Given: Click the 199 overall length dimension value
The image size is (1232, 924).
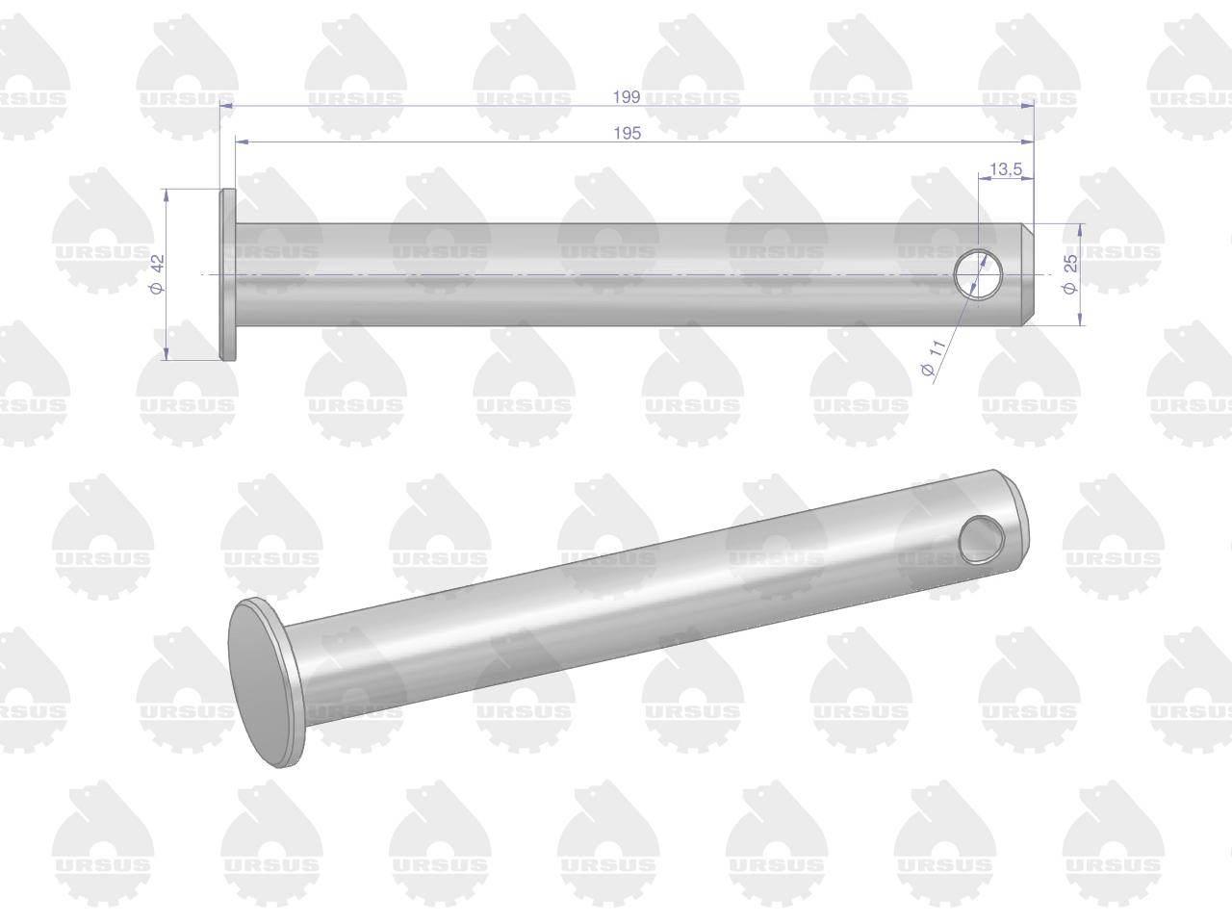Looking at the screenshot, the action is coord(627,97).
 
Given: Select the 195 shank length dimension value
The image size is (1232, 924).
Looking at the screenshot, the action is coord(627,134).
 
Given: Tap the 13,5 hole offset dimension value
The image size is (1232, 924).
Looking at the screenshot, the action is coord(1006,168).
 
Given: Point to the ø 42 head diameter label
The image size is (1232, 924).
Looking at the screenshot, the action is coord(158,273).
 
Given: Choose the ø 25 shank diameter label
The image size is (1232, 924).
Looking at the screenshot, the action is coord(1069,273).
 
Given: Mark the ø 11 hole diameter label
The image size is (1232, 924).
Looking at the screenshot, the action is coord(934,359).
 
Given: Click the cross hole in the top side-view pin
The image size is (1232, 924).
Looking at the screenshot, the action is coord(979,273).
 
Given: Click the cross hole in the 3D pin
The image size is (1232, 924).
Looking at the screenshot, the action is coord(981,539).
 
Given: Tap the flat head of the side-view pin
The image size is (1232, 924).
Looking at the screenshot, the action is coord(228,274).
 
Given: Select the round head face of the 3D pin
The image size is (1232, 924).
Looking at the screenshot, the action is coord(265,682).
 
